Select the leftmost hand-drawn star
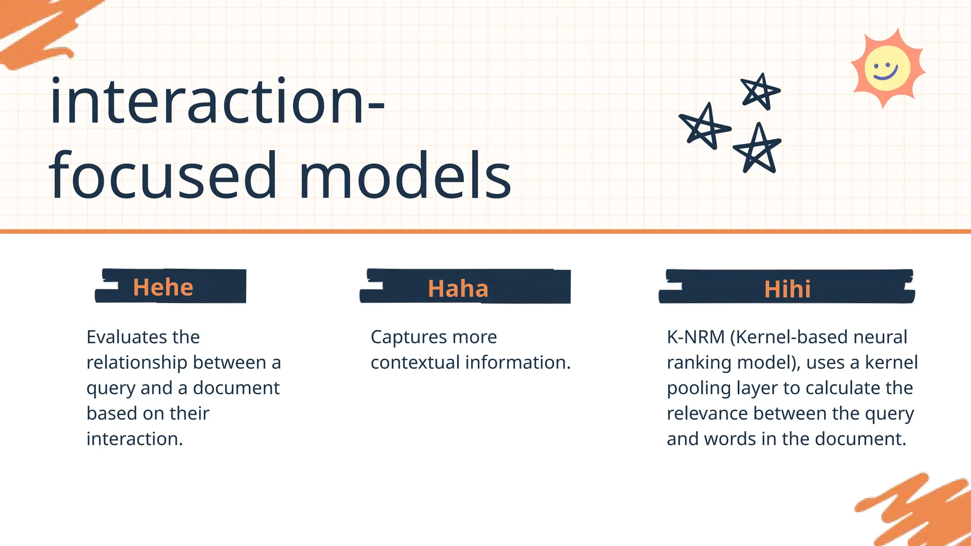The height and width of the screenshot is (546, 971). point(705,127)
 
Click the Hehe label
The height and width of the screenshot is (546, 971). point(163,287)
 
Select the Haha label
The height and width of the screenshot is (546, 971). point(458,289)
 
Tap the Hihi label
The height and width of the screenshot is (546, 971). point(787,289)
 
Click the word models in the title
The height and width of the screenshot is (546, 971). point(405,176)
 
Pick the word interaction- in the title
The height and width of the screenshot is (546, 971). point(217,102)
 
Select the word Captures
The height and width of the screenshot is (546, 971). point(409,337)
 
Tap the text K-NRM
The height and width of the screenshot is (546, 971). point(695,337)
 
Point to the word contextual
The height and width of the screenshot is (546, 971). point(415,363)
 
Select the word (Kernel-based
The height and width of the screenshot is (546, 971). point(789,337)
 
